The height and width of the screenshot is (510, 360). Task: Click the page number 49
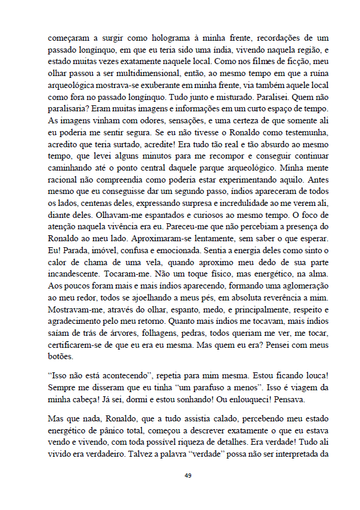click(187, 475)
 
